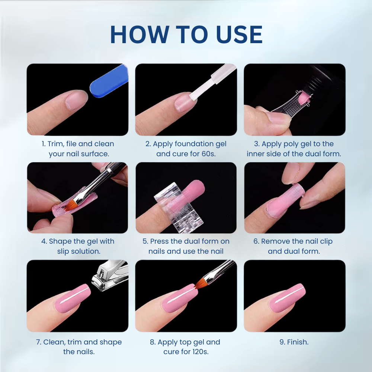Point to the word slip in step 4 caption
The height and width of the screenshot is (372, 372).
click(x=64, y=251)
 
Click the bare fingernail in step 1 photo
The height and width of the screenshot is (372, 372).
click(x=77, y=100)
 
